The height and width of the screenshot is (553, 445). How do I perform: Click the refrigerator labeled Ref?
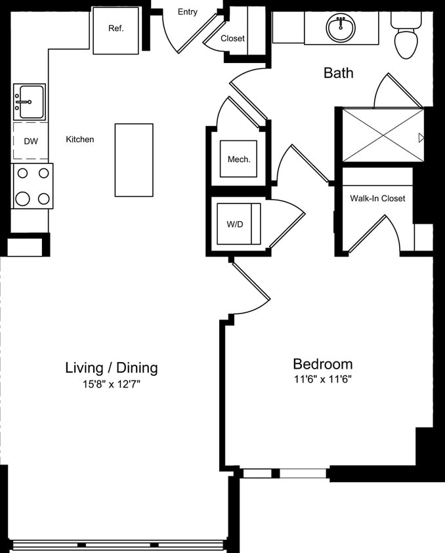click(116, 30)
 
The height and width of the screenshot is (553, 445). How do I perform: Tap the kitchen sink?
click(29, 102)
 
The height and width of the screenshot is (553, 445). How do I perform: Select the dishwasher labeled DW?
click(30, 141)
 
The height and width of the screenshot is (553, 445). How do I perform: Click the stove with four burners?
click(33, 186)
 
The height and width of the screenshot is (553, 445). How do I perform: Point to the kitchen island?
click(134, 159)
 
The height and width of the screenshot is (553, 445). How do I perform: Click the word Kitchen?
click(80, 139)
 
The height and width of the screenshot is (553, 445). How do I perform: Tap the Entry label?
click(188, 12)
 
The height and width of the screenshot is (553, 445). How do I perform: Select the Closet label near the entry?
click(232, 38)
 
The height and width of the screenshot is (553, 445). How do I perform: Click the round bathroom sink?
click(341, 27)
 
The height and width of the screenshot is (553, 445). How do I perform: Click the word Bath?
click(338, 73)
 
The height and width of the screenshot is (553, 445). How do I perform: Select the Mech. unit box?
click(239, 159)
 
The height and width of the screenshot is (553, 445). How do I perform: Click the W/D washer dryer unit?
click(235, 224)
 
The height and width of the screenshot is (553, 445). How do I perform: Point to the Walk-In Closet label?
click(377, 198)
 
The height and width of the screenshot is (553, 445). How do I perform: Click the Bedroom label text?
click(322, 363)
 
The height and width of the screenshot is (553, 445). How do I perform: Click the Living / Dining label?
click(112, 367)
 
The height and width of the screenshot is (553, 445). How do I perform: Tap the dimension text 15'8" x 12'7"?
click(112, 384)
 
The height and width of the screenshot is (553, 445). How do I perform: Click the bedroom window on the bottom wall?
click(284, 473)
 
